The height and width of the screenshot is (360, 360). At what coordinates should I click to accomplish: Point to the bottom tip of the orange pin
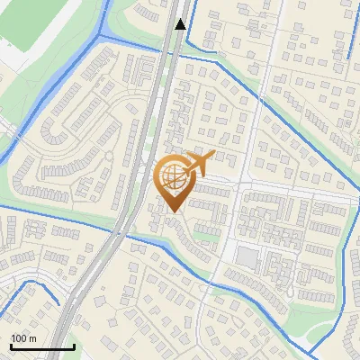175,212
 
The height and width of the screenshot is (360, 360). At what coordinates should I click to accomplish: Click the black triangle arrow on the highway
180,24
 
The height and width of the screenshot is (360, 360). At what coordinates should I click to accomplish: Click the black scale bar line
41,346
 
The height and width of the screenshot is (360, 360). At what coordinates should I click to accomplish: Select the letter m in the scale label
32,338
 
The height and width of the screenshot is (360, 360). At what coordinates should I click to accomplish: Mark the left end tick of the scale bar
10,345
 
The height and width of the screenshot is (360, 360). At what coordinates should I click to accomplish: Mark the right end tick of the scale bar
74,345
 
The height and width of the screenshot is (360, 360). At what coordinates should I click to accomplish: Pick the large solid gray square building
247,256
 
